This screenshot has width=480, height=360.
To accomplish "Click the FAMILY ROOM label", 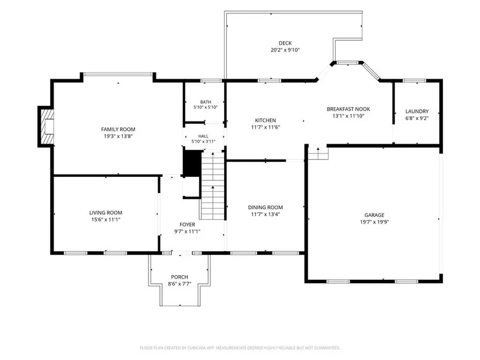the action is pyautogui.click(x=118, y=130).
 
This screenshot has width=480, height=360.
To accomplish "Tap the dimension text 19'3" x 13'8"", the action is pyautogui.click(x=118, y=137).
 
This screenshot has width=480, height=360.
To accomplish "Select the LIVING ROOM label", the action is pyautogui.click(x=106, y=213).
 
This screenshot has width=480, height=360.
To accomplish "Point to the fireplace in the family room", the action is pyautogui.click(x=46, y=126).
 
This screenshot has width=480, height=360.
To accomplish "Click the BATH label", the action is pyautogui.click(x=206, y=102).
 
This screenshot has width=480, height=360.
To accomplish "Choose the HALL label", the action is pyautogui.click(x=203, y=136).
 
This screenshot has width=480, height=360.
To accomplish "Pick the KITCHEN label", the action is pyautogui.click(x=265, y=120).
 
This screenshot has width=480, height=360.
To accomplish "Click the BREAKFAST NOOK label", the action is pyautogui.click(x=349, y=109).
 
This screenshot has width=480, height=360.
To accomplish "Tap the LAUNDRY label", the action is pyautogui.click(x=417, y=112).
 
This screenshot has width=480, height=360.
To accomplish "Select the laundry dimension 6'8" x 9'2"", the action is pyautogui.click(x=417, y=118).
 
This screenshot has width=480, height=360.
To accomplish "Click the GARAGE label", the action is pyautogui.click(x=374, y=215).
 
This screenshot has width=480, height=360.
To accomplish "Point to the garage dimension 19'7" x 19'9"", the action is pyautogui.click(x=374, y=222).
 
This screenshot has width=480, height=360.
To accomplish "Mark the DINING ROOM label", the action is pyautogui.click(x=265, y=208).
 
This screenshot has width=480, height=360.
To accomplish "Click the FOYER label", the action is pyautogui.click(x=187, y=224).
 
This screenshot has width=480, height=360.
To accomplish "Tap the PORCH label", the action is pyautogui.click(x=179, y=277).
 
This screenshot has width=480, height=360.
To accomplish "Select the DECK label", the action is pyautogui.click(x=285, y=43).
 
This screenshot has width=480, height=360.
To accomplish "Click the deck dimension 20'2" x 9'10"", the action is pyautogui.click(x=285, y=50).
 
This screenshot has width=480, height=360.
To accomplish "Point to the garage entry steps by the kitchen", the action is pyautogui.click(x=318, y=153).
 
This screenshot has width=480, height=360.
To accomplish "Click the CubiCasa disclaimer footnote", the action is pyautogui.click(x=240, y=348).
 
